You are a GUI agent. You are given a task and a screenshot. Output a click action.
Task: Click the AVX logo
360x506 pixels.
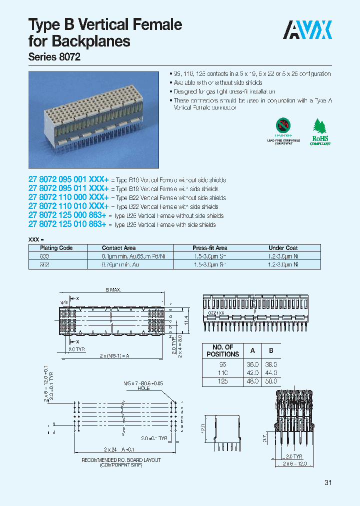tap(307, 30)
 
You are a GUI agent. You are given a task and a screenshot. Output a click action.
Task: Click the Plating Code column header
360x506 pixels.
tap(53, 248)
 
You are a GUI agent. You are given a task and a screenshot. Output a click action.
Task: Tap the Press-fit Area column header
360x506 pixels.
tap(210, 248)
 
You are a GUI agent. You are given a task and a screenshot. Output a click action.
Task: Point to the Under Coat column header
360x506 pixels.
tap(283, 248)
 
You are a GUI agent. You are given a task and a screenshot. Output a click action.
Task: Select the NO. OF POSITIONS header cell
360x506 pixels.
tap(223, 350)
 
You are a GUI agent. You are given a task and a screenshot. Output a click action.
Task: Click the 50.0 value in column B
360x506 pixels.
tap(271, 381)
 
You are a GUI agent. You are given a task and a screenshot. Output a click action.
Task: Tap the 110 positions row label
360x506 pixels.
tap(222, 373)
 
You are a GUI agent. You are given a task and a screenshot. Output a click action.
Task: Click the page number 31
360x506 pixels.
tap(328, 482)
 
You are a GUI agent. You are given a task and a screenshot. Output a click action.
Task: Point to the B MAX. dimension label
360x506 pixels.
tap(113, 290)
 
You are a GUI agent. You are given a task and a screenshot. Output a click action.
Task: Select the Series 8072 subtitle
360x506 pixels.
tap(54, 57)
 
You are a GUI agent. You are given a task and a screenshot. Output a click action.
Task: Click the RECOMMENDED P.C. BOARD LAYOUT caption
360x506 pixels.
tap(121, 460)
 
